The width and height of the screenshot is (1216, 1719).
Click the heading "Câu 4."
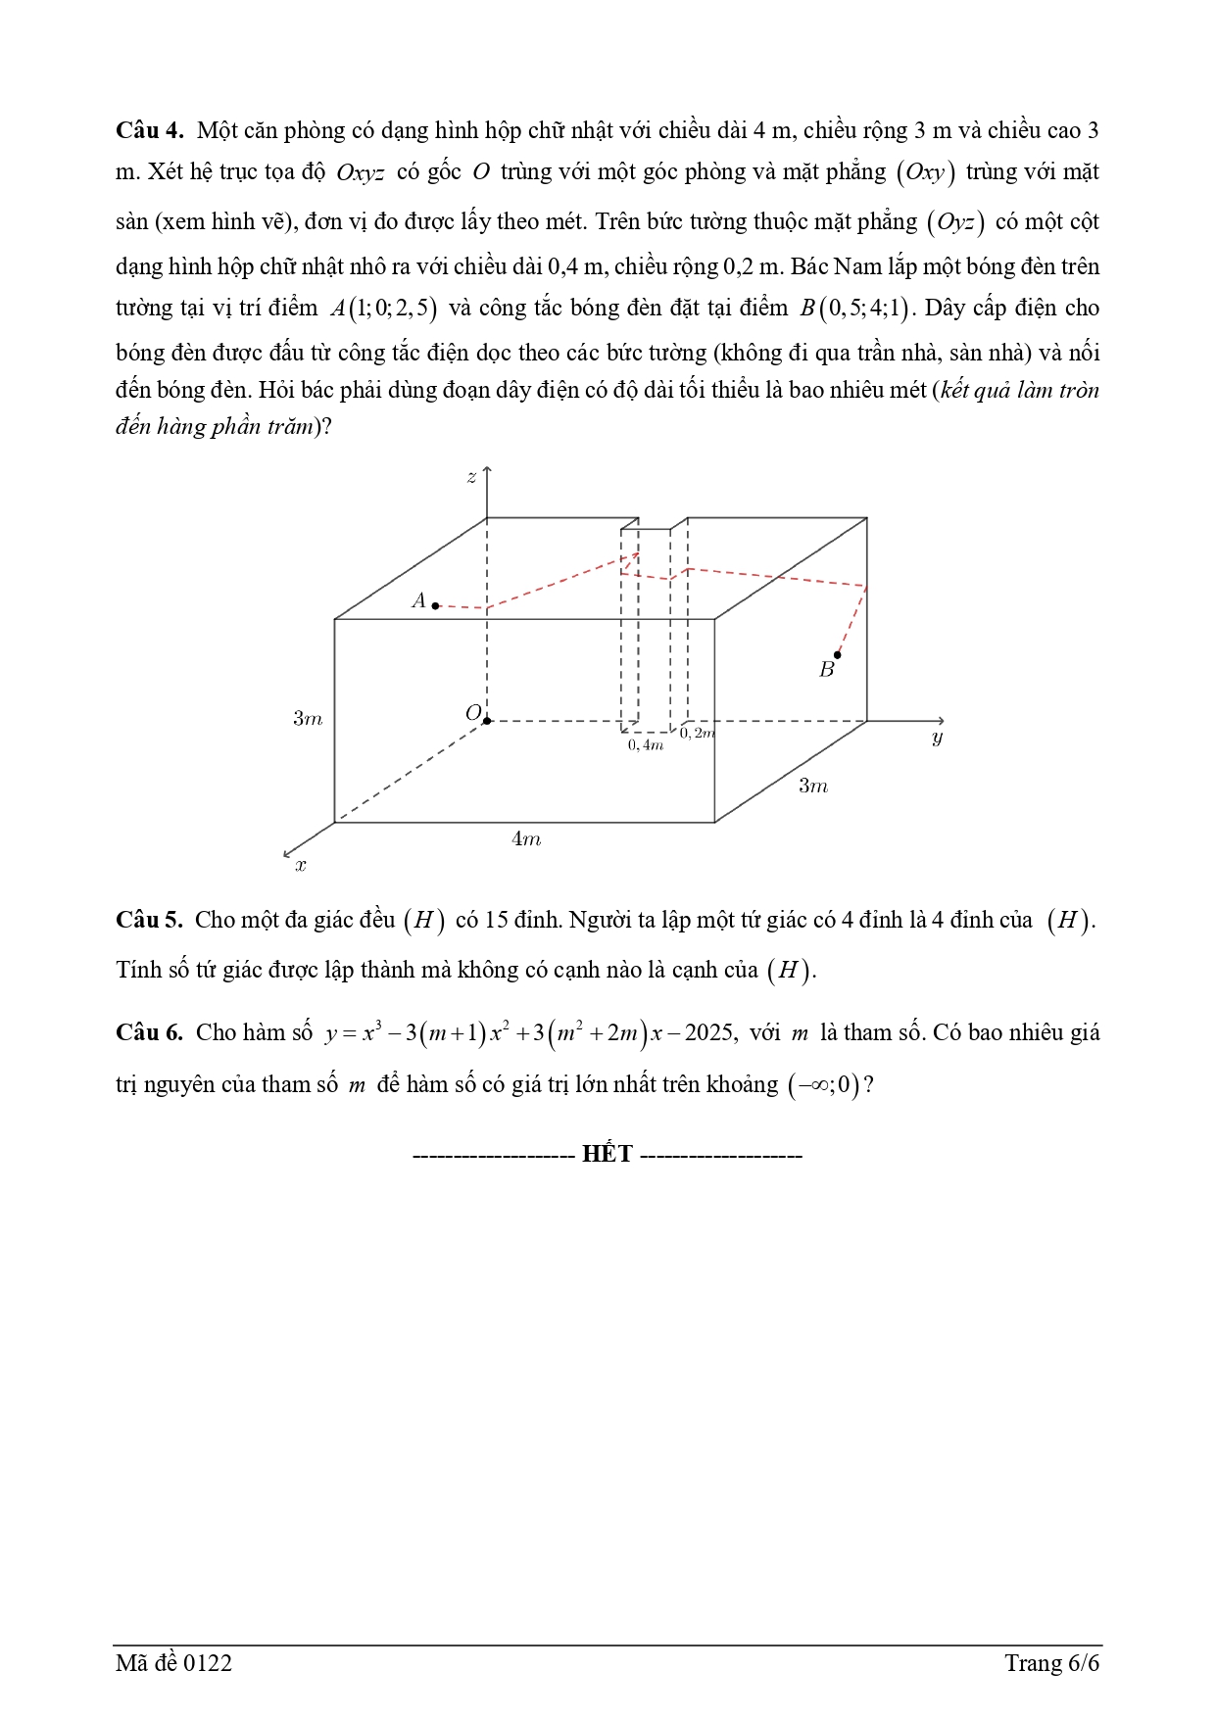coord(149,131)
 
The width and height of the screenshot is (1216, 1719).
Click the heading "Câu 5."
coord(149,920)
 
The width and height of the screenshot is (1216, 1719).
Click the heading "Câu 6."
coord(149,1032)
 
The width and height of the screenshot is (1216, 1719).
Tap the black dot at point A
coord(436,606)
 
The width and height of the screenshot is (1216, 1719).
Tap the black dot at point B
coord(837,654)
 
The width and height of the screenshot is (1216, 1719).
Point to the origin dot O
coord(487,721)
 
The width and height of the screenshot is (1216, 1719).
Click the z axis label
coord(471,477)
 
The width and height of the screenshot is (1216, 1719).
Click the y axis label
coord(937,738)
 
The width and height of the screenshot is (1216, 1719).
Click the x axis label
coord(301,865)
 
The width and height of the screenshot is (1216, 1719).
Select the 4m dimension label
coord(526,838)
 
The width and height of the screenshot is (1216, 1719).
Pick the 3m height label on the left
coord(307,718)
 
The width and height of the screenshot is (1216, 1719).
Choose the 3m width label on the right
coord(812,786)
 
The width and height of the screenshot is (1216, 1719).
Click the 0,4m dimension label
coord(646,745)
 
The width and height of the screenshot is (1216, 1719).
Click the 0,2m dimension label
coord(698,734)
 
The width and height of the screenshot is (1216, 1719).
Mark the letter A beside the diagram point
coord(418,600)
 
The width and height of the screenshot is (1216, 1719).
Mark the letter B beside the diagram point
coord(826,670)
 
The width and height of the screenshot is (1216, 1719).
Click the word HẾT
coord(608,1154)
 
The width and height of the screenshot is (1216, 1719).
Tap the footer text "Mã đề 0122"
coord(173,1663)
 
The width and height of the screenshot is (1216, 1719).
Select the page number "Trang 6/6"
coord(1051,1663)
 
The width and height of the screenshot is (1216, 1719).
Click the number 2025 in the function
coord(708,1032)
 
